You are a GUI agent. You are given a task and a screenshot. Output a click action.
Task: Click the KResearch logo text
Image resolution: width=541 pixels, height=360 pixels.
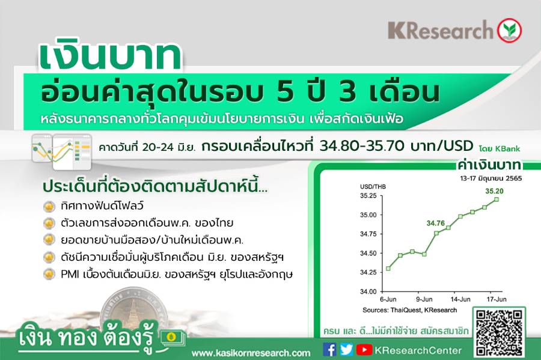(x=441, y=30)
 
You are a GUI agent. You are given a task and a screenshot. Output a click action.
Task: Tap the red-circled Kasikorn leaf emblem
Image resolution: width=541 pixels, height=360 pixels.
(x=509, y=30)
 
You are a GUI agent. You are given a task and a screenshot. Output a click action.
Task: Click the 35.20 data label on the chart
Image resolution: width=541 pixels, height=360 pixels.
(x=494, y=191)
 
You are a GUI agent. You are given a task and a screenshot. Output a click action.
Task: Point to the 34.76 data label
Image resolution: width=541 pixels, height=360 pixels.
(x=436, y=223)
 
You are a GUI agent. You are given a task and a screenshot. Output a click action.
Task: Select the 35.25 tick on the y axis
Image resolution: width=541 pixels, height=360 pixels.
(x=368, y=196)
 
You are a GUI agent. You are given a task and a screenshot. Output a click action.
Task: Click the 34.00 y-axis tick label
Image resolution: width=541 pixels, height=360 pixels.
(x=368, y=291)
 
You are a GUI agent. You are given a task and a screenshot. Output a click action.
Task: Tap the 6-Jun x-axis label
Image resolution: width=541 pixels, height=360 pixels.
(x=388, y=299)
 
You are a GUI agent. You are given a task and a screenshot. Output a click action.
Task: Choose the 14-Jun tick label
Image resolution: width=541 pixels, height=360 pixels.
(x=460, y=299)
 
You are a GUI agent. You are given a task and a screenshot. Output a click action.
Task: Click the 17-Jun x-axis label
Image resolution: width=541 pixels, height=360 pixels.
(x=497, y=299)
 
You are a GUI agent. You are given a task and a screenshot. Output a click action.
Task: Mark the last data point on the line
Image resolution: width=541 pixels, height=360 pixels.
(x=497, y=200)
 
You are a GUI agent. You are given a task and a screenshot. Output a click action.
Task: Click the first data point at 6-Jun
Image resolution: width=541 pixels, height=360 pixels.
(x=388, y=268)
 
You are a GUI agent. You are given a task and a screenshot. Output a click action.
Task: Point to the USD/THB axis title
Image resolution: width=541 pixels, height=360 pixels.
(x=373, y=187)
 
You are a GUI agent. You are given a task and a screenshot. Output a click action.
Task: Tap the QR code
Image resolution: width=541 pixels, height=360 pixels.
(x=499, y=333)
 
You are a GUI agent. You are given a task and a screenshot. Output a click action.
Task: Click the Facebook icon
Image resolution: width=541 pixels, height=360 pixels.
(x=329, y=350)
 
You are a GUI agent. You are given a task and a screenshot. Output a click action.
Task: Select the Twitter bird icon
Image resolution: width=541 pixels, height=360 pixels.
(x=346, y=350)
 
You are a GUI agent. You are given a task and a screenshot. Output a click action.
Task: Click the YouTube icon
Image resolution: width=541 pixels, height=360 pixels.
(x=364, y=350)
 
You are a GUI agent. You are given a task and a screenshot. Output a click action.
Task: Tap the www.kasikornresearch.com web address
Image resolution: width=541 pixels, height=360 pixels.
(x=251, y=353)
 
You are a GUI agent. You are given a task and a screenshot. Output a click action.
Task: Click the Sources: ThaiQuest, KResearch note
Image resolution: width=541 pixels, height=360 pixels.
(x=409, y=310)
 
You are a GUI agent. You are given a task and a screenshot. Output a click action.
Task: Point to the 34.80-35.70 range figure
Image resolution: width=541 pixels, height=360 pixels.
(x=362, y=146)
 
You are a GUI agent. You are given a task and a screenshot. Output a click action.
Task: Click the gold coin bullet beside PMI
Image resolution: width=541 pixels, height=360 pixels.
(x=49, y=275)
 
